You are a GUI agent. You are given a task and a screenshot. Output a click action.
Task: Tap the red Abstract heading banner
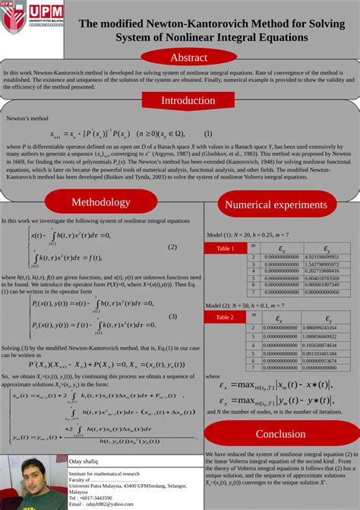pyautogui.click(x=188, y=58)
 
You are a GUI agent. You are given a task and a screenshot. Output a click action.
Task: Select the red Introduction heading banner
pyautogui.click(x=188, y=100)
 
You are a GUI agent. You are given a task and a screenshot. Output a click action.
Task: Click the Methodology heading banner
pyautogui.click(x=101, y=202)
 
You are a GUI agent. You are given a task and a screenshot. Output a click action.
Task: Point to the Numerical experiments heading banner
pyautogui.click(x=276, y=204)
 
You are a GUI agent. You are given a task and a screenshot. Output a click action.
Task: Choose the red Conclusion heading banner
pyautogui.click(x=280, y=434)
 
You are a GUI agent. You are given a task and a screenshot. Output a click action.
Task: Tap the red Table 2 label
pyautogui.click(x=226, y=317)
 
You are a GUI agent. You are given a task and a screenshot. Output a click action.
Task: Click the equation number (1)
pyautogui.click(x=202, y=134)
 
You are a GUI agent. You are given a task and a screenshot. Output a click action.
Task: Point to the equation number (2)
pyautogui.click(x=172, y=247)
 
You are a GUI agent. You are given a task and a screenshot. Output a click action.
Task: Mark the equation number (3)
pyautogui.click(x=172, y=316)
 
